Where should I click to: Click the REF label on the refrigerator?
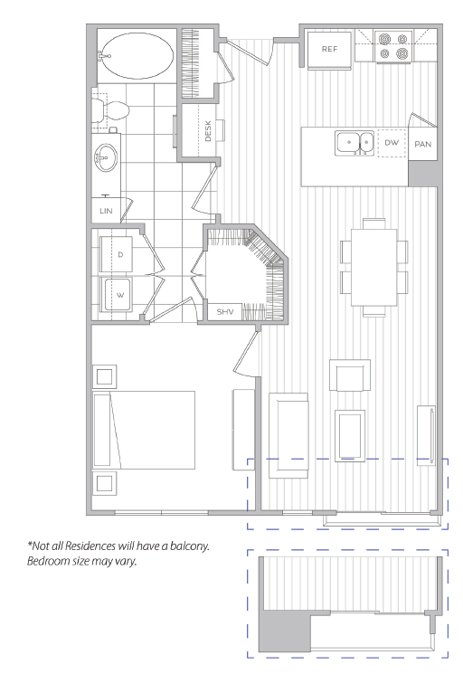click(329, 49)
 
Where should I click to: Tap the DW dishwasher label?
click(392, 143)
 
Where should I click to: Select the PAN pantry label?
click(422, 145)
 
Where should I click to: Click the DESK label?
click(208, 131)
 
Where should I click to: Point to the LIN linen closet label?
click(106, 211)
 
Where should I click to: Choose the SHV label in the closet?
click(225, 311)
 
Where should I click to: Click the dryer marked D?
click(117, 254)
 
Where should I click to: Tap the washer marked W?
click(117, 294)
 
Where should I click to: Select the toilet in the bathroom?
click(111, 110)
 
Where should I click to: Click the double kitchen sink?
click(354, 142)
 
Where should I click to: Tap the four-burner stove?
click(393, 46)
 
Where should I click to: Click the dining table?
click(373, 268)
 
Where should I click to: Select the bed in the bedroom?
click(144, 430)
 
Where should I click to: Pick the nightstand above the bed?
click(104, 376)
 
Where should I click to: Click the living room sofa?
click(288, 435)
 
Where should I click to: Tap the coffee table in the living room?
click(350, 435)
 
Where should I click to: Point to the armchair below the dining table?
click(350, 375)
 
